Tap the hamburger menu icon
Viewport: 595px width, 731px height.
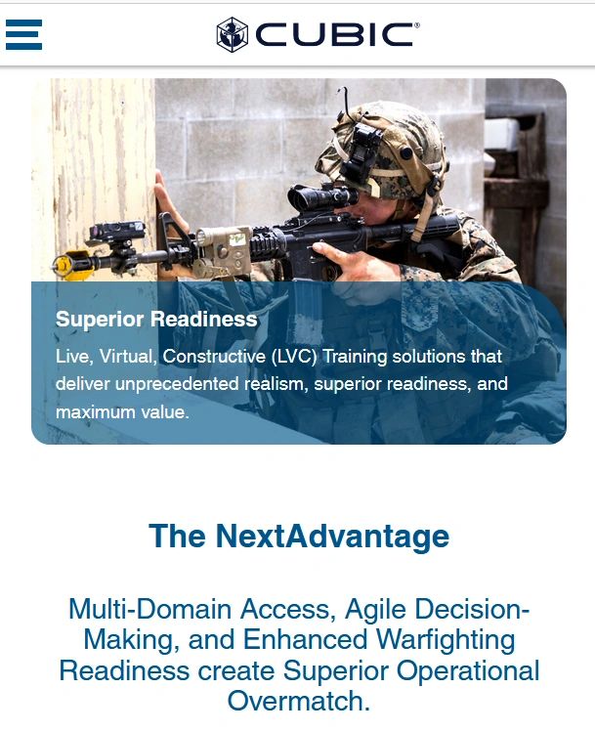click(x=23, y=34)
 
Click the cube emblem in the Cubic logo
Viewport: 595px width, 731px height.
click(x=232, y=34)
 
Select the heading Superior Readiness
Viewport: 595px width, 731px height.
click(x=156, y=320)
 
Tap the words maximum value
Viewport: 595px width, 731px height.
click(x=122, y=411)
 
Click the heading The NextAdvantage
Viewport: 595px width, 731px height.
click(x=299, y=536)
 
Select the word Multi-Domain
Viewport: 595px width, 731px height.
click(x=150, y=609)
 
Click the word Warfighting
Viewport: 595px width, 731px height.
click(x=446, y=639)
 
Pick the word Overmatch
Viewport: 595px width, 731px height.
click(x=299, y=701)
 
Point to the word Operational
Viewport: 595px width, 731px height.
click(x=468, y=670)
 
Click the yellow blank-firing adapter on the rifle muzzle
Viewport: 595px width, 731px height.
click(x=70, y=265)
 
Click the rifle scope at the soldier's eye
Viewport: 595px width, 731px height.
click(x=321, y=196)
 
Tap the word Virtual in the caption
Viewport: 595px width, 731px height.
click(x=128, y=356)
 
